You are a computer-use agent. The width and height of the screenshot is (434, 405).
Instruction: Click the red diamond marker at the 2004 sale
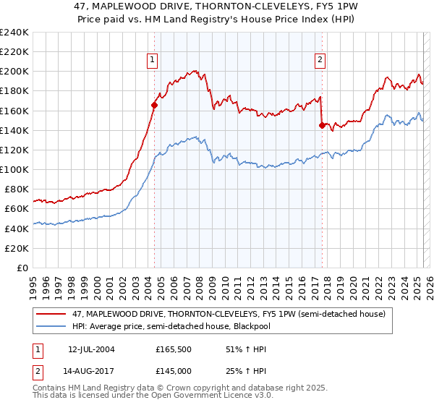tap(154, 105)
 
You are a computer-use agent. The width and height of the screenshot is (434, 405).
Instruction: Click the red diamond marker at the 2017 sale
tap(322, 125)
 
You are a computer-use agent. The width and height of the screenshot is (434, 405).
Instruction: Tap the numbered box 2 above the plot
tap(320, 61)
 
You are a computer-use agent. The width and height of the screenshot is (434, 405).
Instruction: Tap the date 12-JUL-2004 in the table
tap(92, 349)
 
